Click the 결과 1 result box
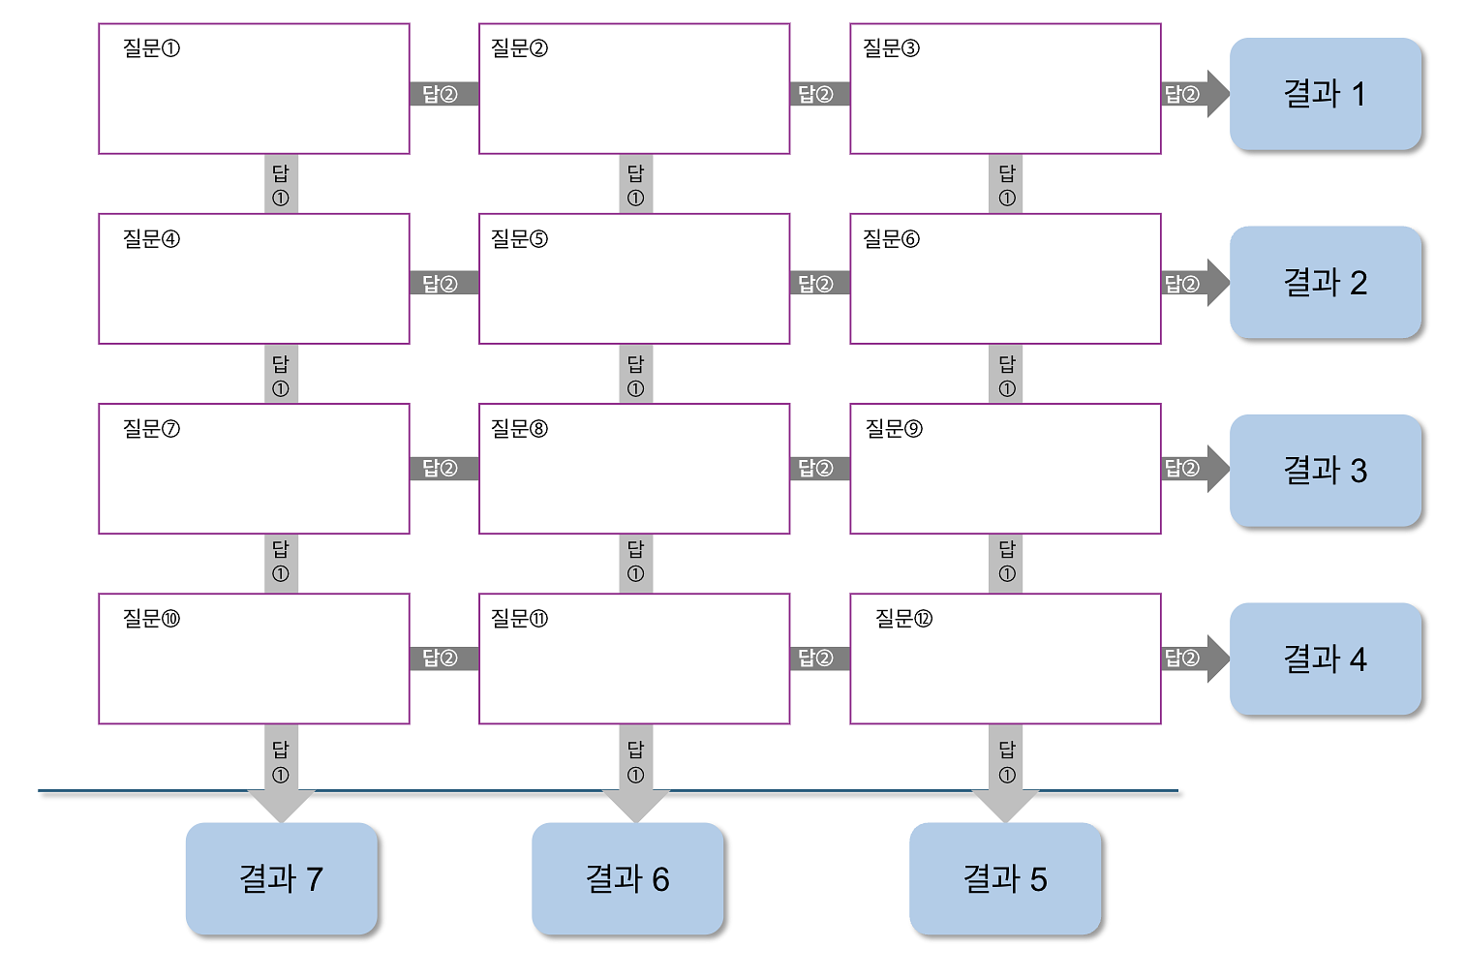pos(1325,94)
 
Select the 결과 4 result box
pos(1325,659)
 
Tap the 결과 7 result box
pos(281,878)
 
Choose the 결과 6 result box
pos(627,878)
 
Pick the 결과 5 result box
pos(1005,878)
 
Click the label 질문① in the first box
pos(151,48)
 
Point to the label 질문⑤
pos(519,238)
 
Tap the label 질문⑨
pos(893,428)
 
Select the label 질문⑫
pos(903,618)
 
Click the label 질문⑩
pos(151,618)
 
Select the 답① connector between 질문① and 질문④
pos(281,184)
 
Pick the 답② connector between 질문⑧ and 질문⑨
pos(819,469)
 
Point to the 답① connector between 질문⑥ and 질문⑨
pos(1007,374)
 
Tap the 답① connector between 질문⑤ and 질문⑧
pos(635,374)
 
